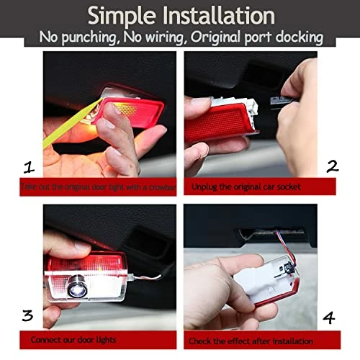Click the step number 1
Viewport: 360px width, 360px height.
point(28,168)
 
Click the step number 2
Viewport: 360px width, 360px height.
point(332,166)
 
